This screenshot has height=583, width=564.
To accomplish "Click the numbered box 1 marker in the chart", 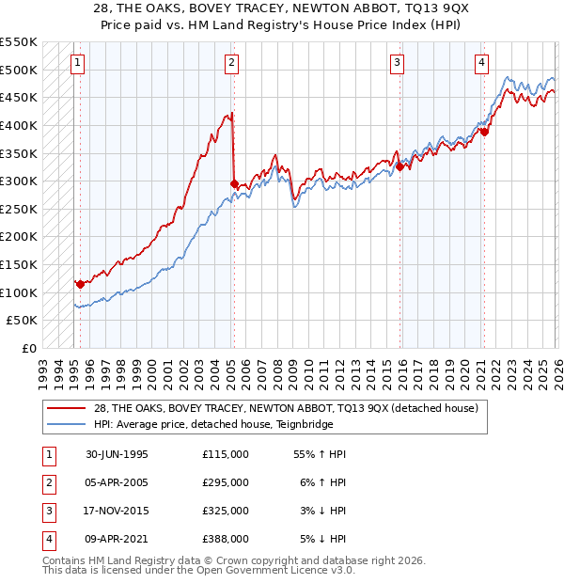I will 76,63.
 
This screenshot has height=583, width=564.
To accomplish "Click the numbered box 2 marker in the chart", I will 231,63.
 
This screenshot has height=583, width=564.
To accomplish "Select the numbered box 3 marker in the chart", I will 398,63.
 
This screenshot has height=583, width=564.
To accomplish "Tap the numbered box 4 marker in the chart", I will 481,63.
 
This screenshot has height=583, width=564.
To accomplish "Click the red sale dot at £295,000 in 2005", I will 234,183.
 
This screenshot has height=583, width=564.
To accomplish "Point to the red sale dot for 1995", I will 81,283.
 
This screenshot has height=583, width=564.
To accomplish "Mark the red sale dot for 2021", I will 485,132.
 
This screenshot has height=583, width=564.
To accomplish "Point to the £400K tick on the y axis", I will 19,125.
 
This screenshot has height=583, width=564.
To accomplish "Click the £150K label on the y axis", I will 19,264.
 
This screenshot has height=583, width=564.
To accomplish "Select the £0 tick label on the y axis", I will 27,348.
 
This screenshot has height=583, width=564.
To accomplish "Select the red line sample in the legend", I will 67,408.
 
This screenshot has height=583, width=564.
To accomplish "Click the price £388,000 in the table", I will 226,539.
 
